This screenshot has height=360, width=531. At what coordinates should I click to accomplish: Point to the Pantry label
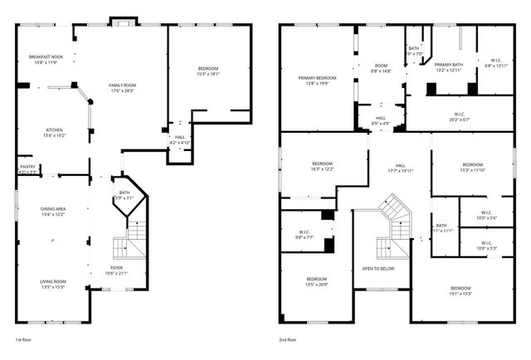tap(27, 168)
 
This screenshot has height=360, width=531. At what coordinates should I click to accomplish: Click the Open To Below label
tap(378, 269)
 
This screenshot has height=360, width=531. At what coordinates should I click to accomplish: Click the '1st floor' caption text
tap(26, 340)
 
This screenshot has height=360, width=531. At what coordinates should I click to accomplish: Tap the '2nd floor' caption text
tap(290, 340)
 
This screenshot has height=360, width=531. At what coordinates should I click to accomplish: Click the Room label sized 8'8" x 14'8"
tap(381, 67)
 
